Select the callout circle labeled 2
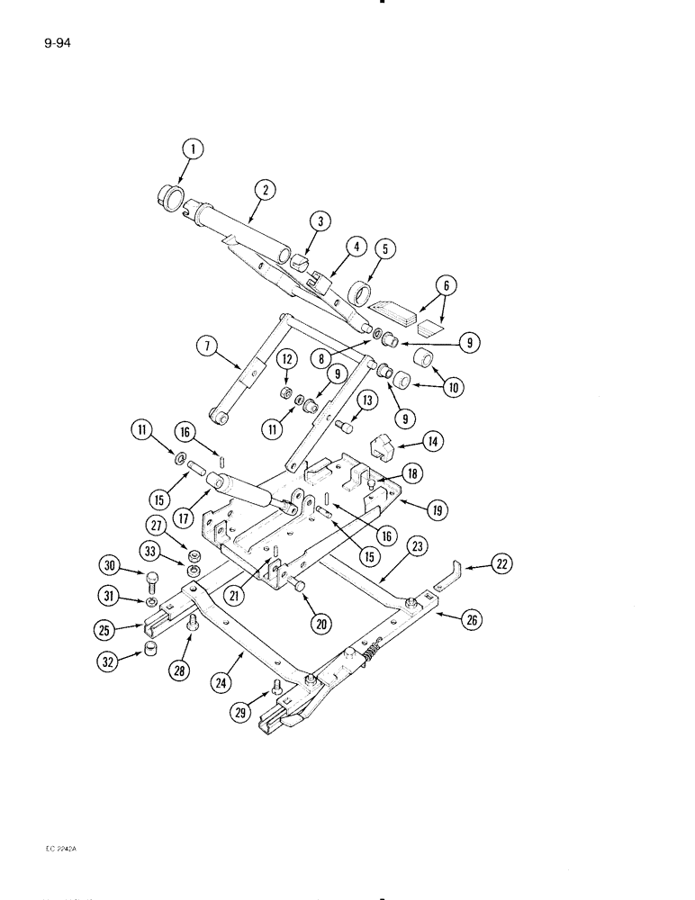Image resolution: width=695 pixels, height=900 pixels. click(x=264, y=190)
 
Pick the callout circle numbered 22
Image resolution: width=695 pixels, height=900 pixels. click(x=501, y=565)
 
